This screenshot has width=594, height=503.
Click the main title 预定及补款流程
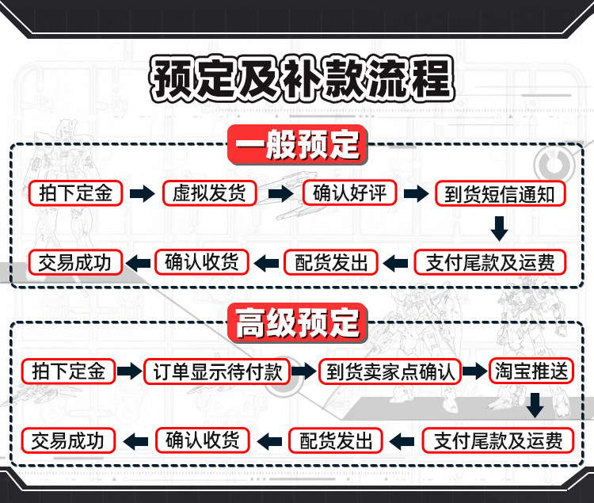coord(302,78)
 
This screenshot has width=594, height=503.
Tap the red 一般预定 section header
coord(297,145)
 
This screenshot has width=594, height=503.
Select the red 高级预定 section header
coord(297,323)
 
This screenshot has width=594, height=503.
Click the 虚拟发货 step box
coord(210,193)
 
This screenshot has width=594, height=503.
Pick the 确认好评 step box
coord(349,192)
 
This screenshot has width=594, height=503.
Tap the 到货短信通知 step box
coord(500,194)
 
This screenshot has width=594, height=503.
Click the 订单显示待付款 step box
coord(217,372)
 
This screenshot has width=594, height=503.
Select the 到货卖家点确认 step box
coord(390,372)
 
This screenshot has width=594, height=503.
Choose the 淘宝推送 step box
coord(531,372)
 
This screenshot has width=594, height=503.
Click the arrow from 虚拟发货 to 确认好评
coord(280,193)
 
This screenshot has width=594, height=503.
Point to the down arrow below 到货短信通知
coord(499,229)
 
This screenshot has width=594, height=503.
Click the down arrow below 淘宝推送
coord(535,406)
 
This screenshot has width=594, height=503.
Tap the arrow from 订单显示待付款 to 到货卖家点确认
coord(304,371)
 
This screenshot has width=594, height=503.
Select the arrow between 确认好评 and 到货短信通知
coord(416,193)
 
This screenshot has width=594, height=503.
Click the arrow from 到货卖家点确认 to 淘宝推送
coord(474,371)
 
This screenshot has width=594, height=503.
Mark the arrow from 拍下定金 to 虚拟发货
coord(142,193)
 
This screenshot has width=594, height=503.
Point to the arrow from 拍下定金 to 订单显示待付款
coord(129,371)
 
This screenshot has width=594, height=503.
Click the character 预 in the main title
coord(172,78)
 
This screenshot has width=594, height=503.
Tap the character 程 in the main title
coord(432,78)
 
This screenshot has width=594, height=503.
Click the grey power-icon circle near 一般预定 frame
coord(554,165)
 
